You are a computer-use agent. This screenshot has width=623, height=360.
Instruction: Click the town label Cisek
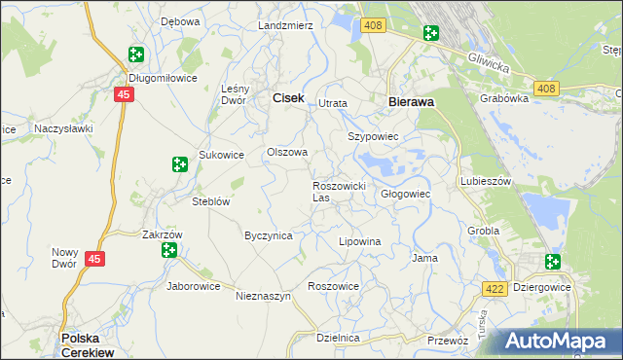[288, 97]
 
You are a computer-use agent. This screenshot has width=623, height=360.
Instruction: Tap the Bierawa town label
[410, 100]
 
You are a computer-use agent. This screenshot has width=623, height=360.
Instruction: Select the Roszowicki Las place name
[338, 191]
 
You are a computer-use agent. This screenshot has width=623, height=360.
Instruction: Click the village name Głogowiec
[405, 194]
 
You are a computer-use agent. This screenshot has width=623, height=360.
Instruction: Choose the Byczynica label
[268, 235]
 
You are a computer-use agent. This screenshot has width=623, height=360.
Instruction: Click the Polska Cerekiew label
[87, 344]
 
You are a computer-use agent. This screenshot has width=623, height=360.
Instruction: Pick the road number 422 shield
[494, 287]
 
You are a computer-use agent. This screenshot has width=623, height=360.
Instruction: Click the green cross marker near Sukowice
[179, 165]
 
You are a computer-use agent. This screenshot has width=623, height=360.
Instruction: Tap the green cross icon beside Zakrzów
[169, 250]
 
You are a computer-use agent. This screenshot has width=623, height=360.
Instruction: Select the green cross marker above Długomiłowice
[135, 56]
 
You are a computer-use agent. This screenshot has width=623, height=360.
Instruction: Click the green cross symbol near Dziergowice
[553, 261]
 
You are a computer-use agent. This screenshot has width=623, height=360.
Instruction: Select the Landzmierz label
[285, 25]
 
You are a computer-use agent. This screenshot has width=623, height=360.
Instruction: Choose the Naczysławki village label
[63, 127]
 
